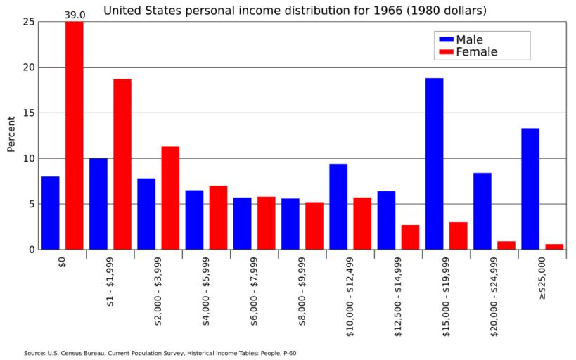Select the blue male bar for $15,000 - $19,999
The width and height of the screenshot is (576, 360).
434,163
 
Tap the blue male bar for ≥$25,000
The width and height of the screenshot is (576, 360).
530,188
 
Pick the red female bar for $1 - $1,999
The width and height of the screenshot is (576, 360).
122,164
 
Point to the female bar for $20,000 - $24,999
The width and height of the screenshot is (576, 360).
506,245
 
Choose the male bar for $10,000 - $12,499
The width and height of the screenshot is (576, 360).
338,207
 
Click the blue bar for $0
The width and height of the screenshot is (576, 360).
51,212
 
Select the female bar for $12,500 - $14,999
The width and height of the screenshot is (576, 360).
410,237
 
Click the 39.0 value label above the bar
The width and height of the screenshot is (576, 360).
75,15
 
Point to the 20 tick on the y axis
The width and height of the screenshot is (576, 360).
28,67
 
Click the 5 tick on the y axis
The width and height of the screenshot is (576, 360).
31,204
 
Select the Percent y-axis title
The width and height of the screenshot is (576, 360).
11,134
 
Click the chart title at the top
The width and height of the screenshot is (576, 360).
295,11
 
